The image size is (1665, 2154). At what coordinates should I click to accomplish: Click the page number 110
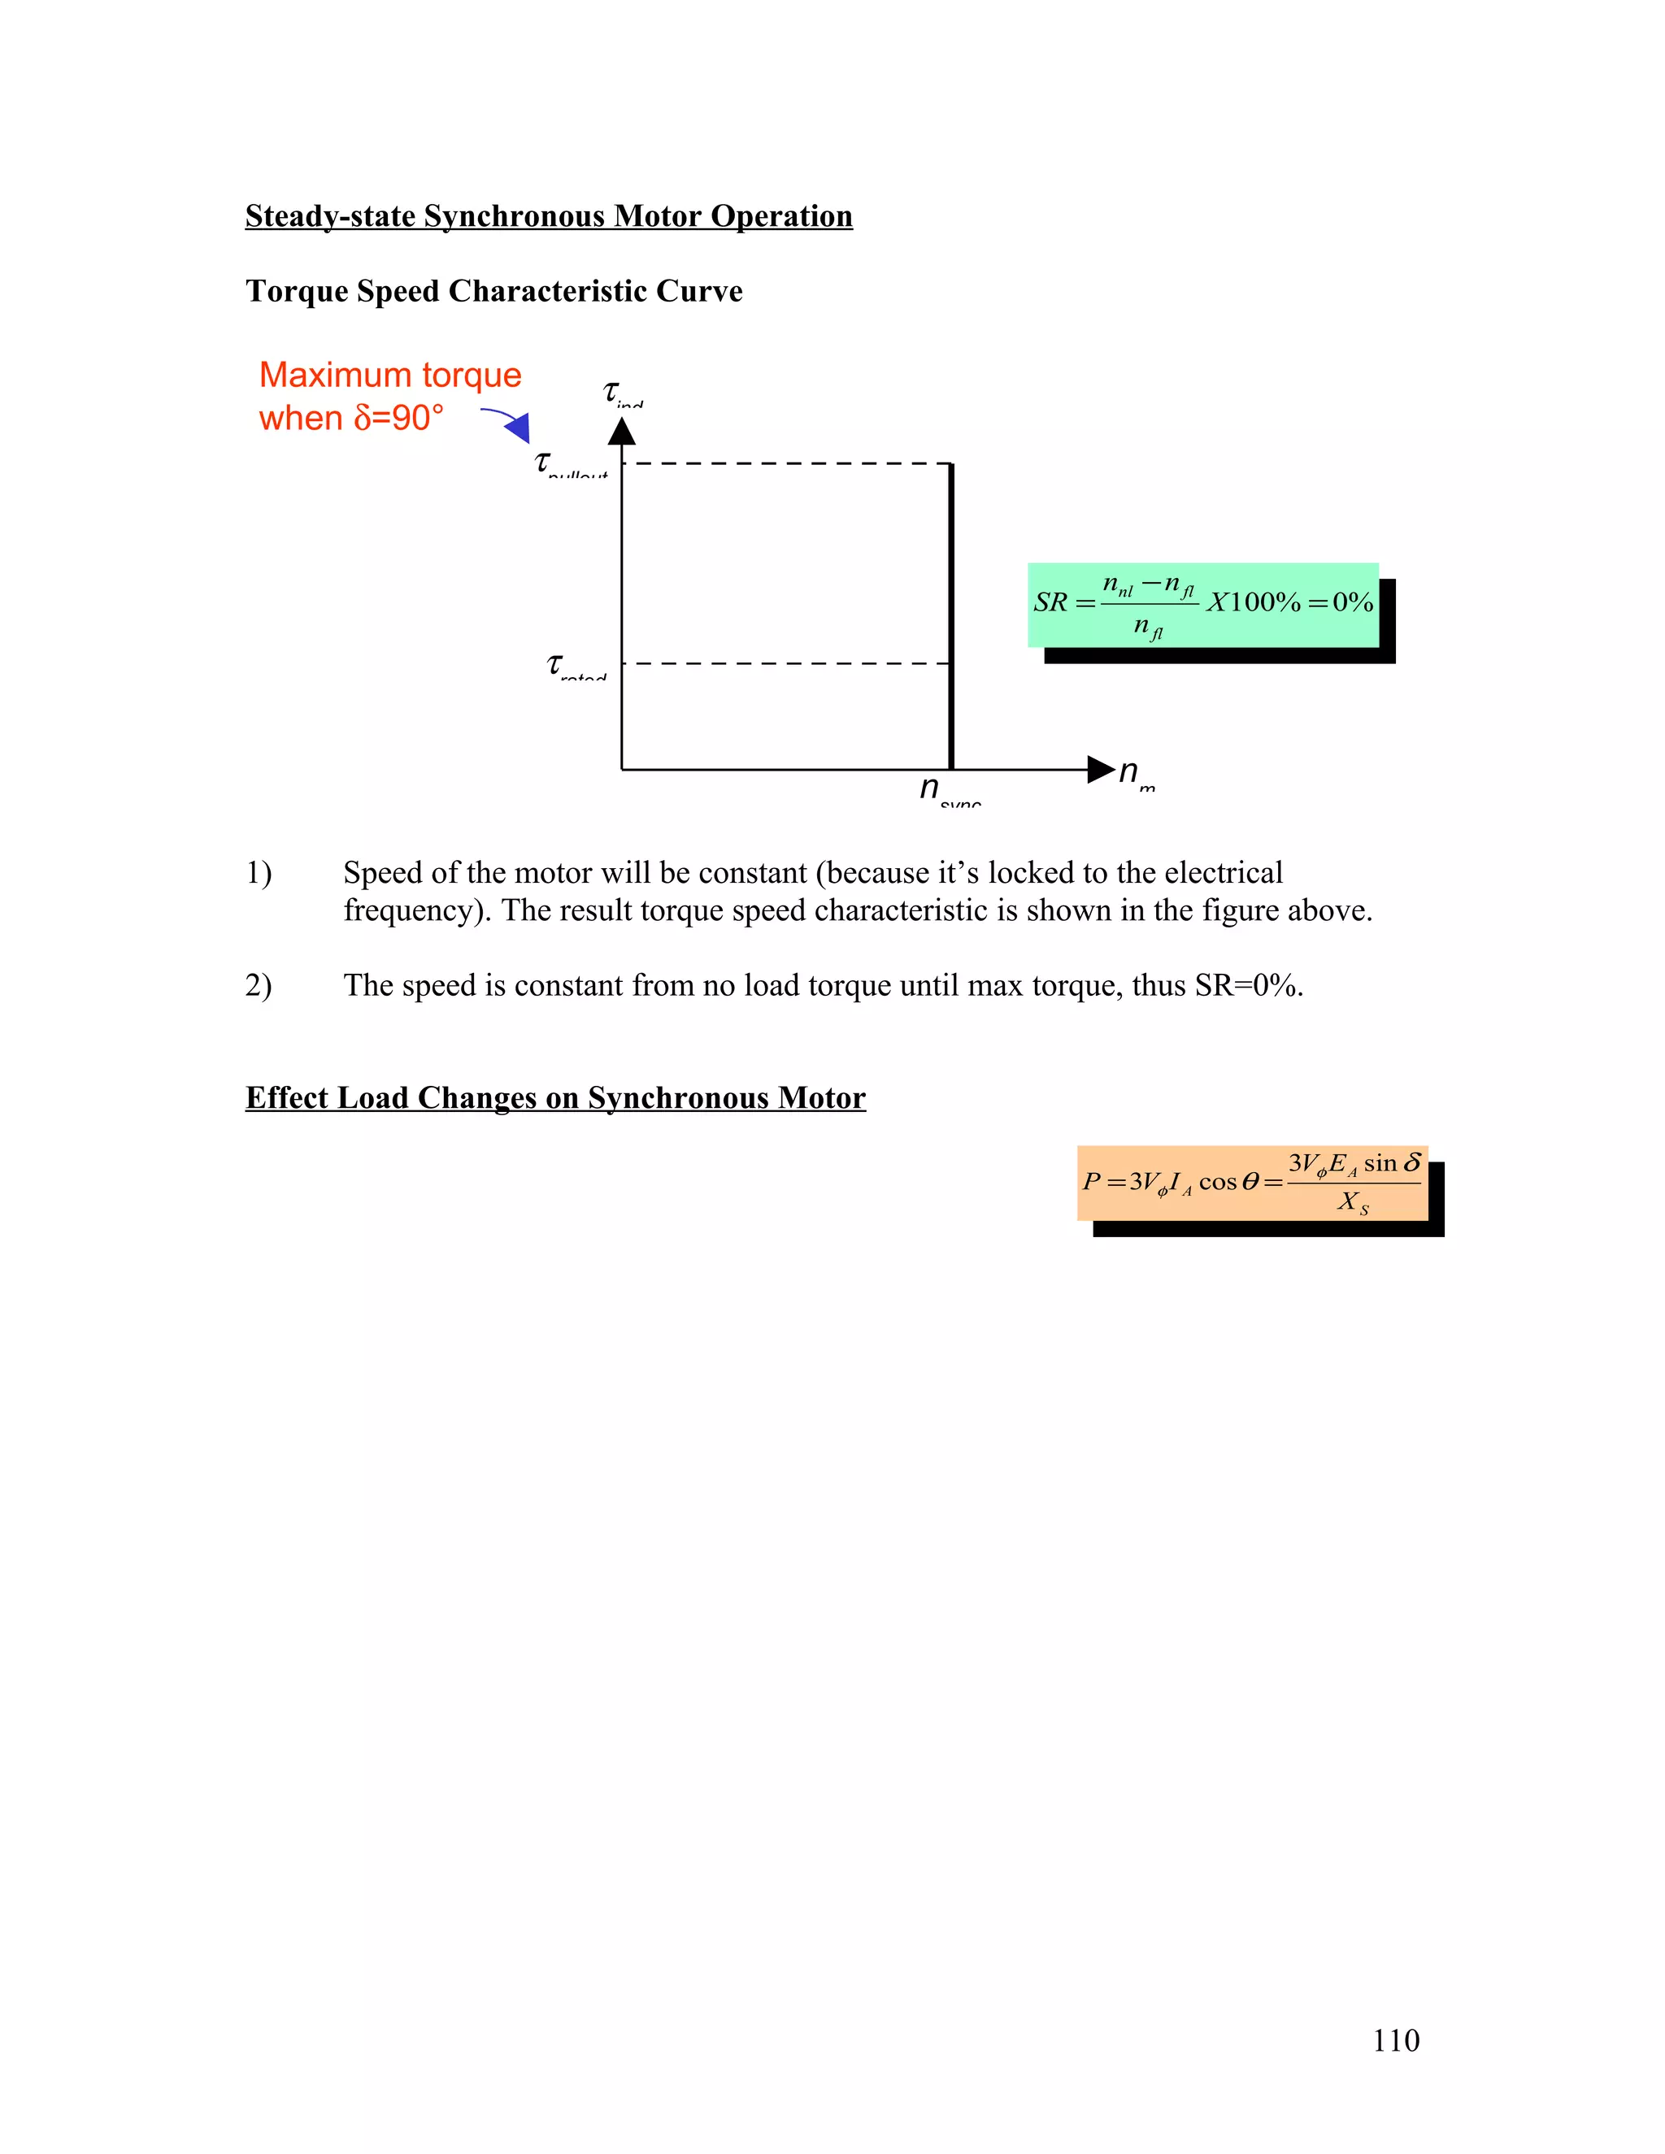(1395, 2040)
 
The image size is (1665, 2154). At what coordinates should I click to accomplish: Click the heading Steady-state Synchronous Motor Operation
(549, 216)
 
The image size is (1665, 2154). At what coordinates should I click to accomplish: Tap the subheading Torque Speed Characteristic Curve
(493, 291)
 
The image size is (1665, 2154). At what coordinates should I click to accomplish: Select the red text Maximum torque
(389, 375)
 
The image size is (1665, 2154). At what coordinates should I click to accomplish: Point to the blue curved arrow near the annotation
(508, 422)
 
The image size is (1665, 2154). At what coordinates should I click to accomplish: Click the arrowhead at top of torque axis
(621, 432)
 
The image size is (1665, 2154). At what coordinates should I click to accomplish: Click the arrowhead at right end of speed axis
(1100, 769)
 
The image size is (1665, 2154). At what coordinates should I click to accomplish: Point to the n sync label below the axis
(947, 790)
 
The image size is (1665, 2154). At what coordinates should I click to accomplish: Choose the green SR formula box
(1202, 605)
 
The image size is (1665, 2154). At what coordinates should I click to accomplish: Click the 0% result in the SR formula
(1352, 602)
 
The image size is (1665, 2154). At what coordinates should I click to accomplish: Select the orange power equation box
(1252, 1183)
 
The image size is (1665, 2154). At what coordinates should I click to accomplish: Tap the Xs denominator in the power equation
(1352, 1202)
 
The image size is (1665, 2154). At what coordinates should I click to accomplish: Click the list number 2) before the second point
(259, 985)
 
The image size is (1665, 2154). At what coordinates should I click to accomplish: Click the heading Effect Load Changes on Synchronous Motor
(555, 1097)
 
